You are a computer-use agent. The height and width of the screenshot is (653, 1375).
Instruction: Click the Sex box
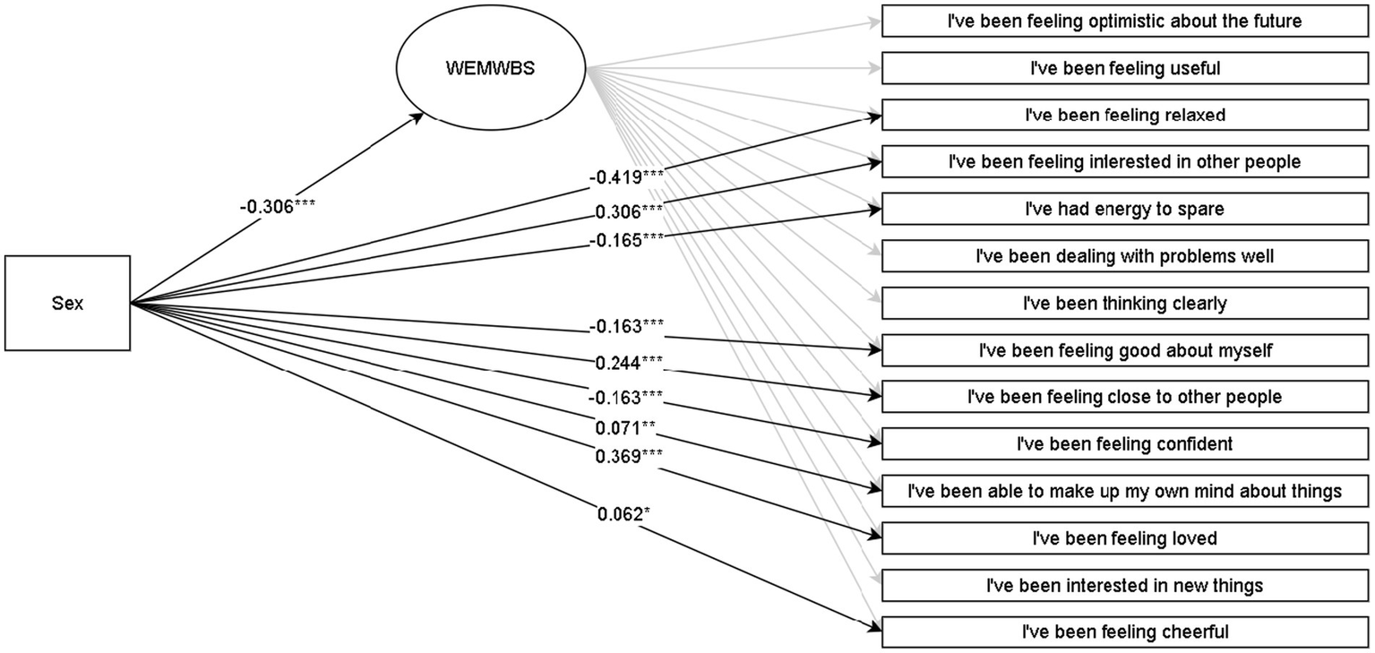click(67, 303)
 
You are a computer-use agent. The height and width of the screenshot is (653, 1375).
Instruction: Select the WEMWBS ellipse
click(490, 68)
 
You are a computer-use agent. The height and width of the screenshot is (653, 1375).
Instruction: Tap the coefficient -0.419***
click(626, 176)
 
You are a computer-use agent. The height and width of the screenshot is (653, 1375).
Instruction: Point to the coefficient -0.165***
click(626, 239)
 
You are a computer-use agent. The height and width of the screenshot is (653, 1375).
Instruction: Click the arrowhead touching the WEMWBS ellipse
click(419, 116)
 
